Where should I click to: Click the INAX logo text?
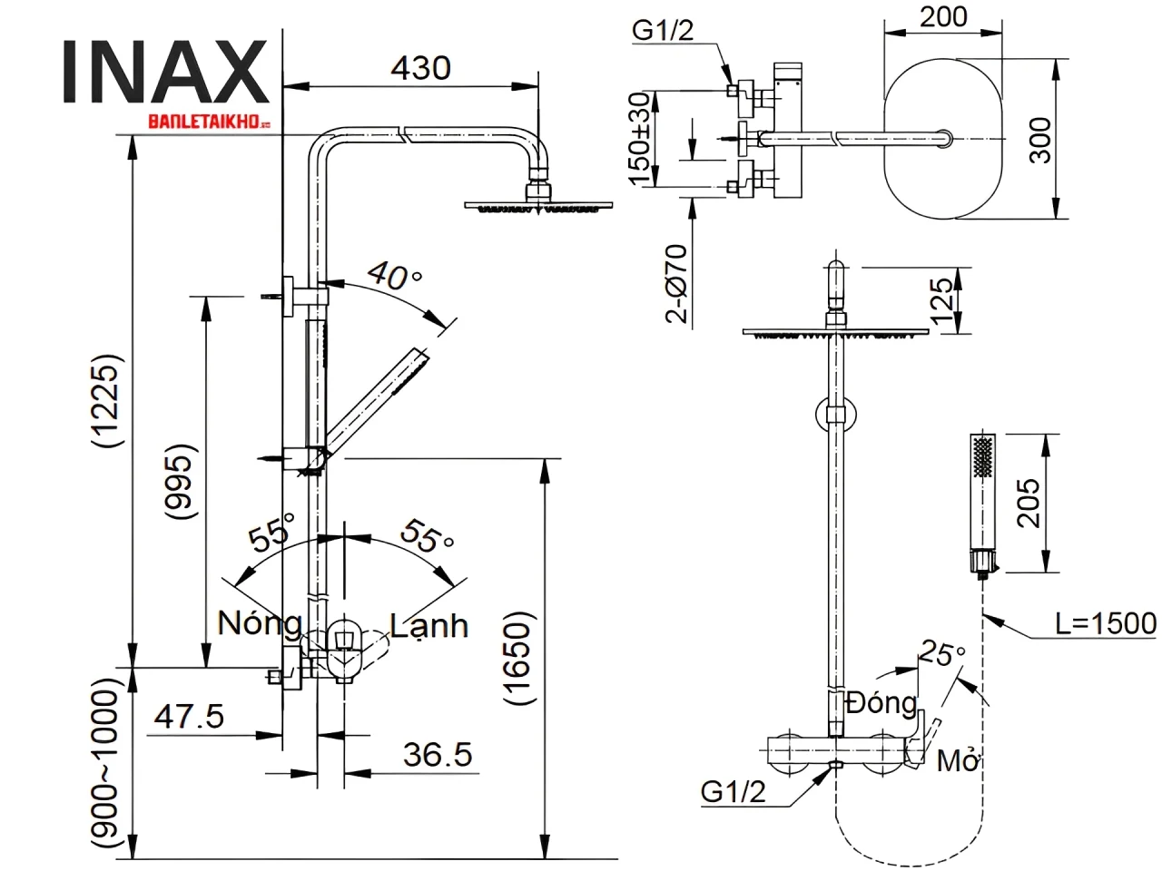pyautogui.click(x=166, y=73)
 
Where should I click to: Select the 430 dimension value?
pyautogui.click(x=420, y=68)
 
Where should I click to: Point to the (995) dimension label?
pyautogui.click(x=181, y=481)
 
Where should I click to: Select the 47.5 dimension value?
pyautogui.click(x=188, y=717)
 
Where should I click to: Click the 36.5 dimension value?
pyautogui.click(x=438, y=754)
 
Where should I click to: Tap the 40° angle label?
pyautogui.click(x=394, y=275)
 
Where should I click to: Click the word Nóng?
pyautogui.click(x=260, y=623)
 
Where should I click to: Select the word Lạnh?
pyautogui.click(x=428, y=625)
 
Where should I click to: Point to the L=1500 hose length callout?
pyautogui.click(x=1106, y=623)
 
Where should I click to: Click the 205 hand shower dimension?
pyautogui.click(x=1029, y=503)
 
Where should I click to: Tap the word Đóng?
pyautogui.click(x=881, y=702)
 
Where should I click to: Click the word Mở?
pyautogui.click(x=958, y=760)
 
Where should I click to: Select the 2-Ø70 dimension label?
pyautogui.click(x=677, y=284)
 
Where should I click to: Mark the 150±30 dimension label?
pyautogui.click(x=639, y=138)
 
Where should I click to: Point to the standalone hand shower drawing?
pyautogui.click(x=982, y=504)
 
